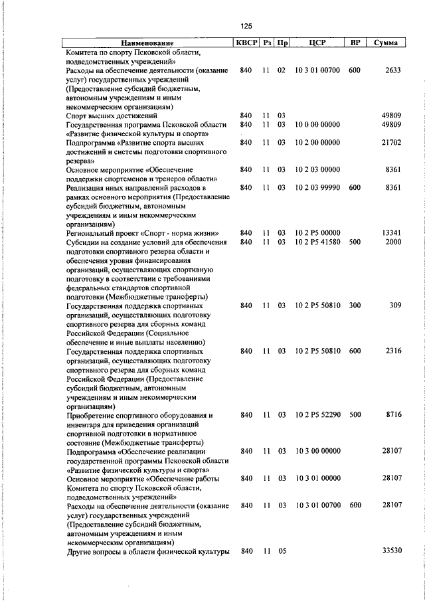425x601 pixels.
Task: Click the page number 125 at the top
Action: (x=246, y=26)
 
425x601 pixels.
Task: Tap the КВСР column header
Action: (x=246, y=43)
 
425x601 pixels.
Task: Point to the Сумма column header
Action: (x=385, y=43)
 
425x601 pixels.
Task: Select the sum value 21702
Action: (x=391, y=142)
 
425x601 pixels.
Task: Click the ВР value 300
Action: (x=355, y=305)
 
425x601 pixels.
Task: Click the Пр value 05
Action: (x=282, y=551)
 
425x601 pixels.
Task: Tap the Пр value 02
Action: (x=282, y=70)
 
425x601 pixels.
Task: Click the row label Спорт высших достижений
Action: (x=110, y=116)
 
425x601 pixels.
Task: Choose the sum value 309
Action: (x=396, y=305)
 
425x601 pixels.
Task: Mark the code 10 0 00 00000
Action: (x=317, y=124)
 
